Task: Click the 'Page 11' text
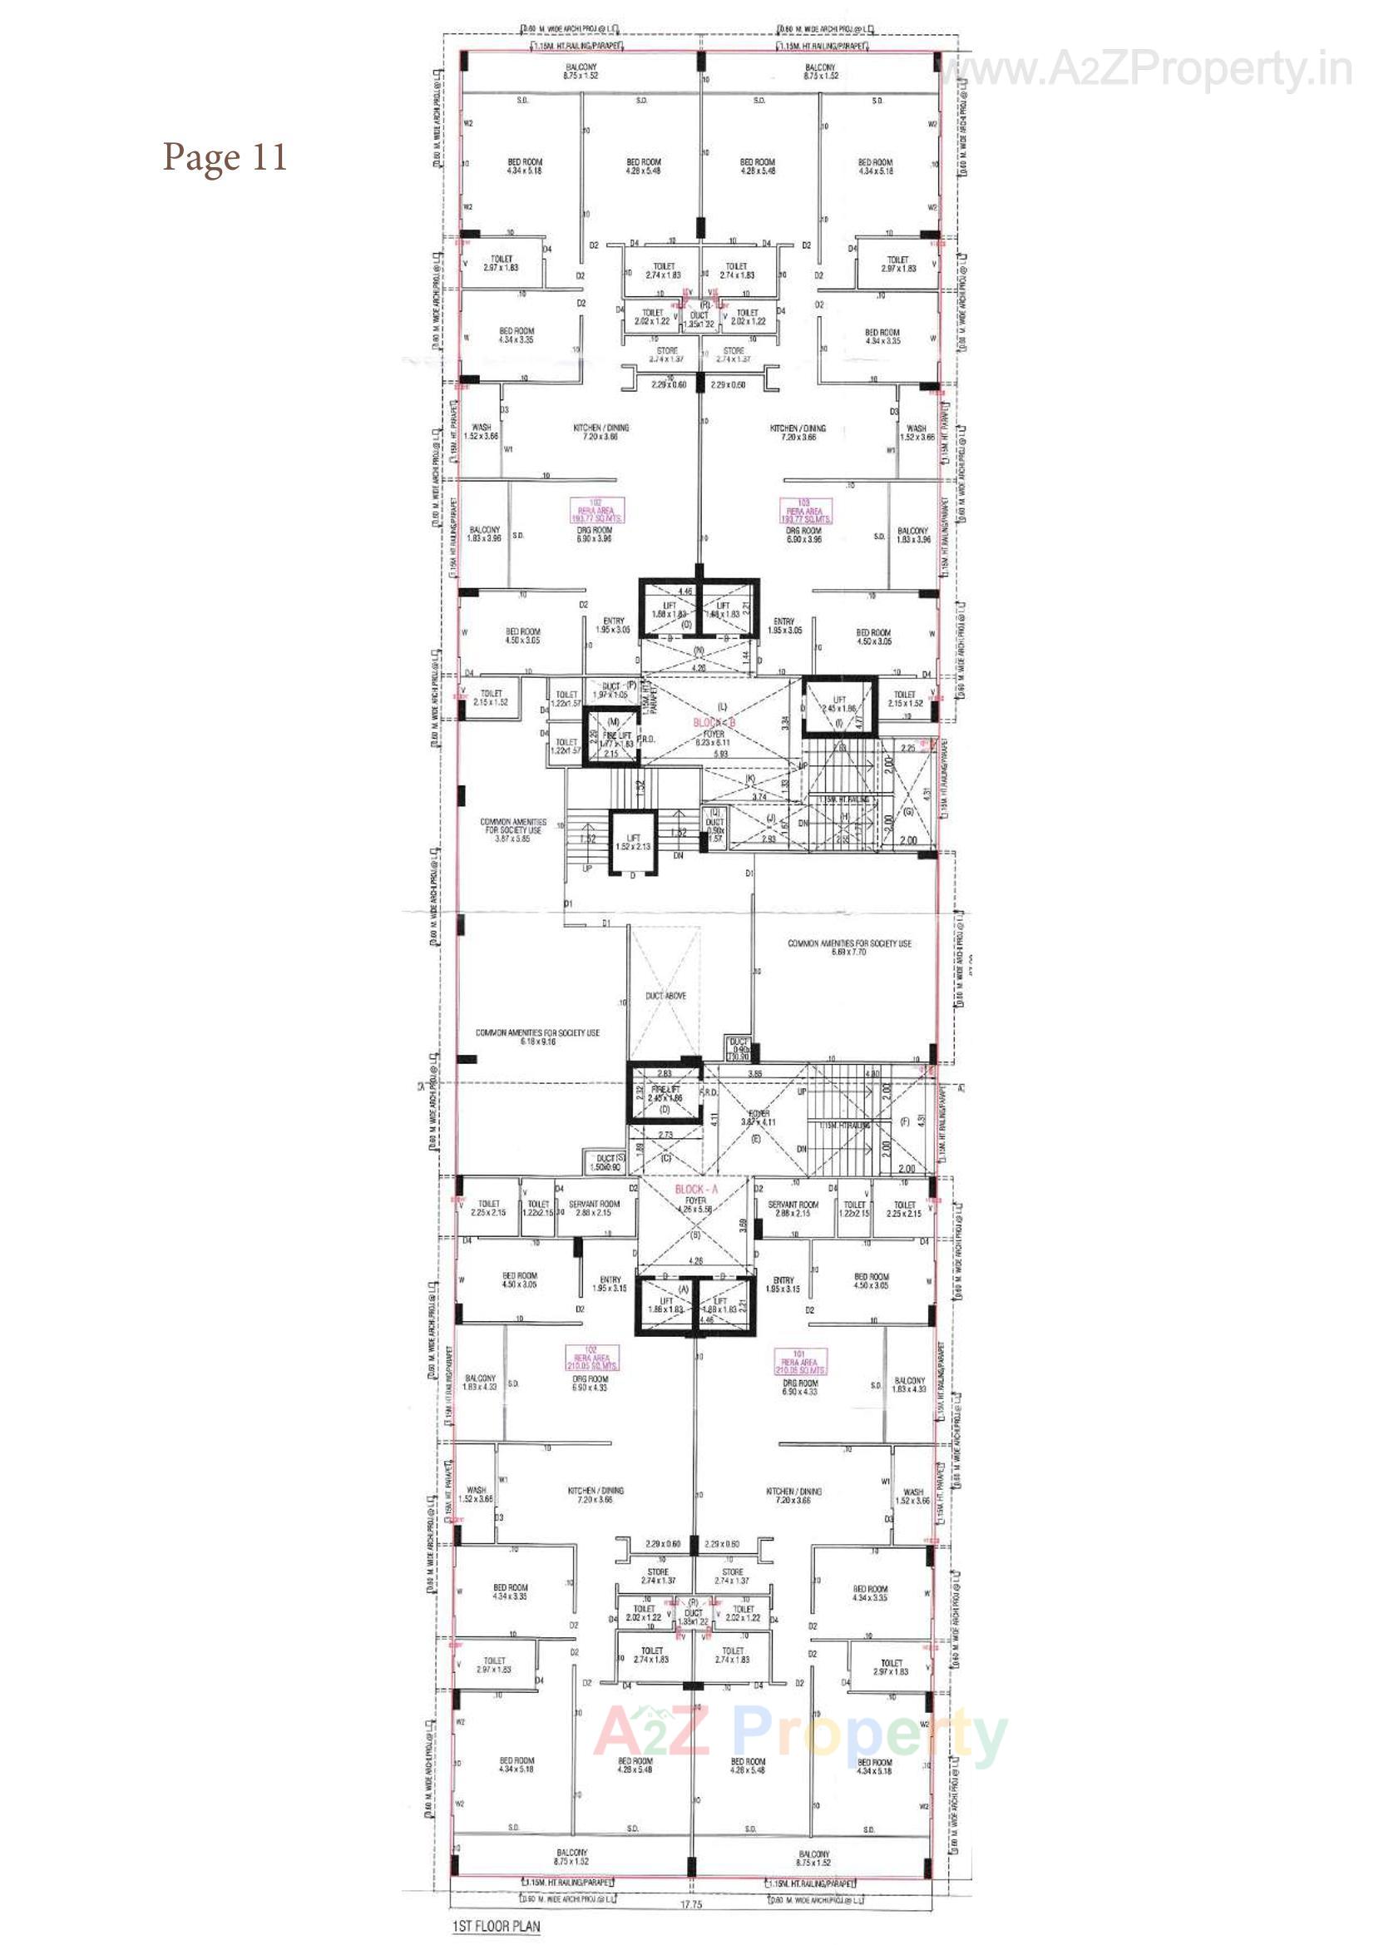[225, 157]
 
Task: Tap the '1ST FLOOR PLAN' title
[496, 1927]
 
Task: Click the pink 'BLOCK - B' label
[714, 722]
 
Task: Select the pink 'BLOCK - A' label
[695, 1190]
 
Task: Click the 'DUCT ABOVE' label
[666, 995]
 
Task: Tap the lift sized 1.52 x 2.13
[634, 842]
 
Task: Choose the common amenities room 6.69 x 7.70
[849, 947]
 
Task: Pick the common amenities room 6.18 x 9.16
[537, 1037]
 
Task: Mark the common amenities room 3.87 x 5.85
[512, 830]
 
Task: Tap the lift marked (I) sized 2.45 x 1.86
[838, 704]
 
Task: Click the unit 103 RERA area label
[804, 511]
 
